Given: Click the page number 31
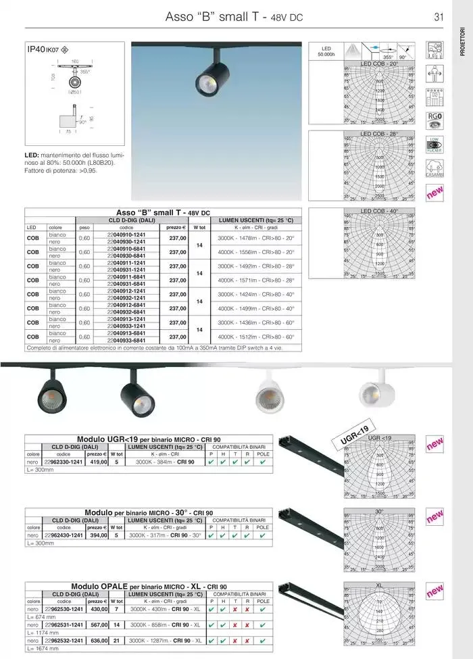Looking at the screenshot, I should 439,17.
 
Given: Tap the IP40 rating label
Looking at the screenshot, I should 36,49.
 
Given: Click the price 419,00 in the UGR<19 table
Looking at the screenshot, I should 98,462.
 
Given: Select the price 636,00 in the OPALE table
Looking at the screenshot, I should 98,640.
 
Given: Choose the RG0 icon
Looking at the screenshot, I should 434,120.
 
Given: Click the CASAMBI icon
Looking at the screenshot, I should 434,169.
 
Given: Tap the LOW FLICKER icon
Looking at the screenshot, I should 434,145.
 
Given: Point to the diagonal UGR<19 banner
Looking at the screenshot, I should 354,435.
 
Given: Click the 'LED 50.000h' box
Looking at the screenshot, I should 326,51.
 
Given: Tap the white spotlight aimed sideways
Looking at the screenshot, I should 372,392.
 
